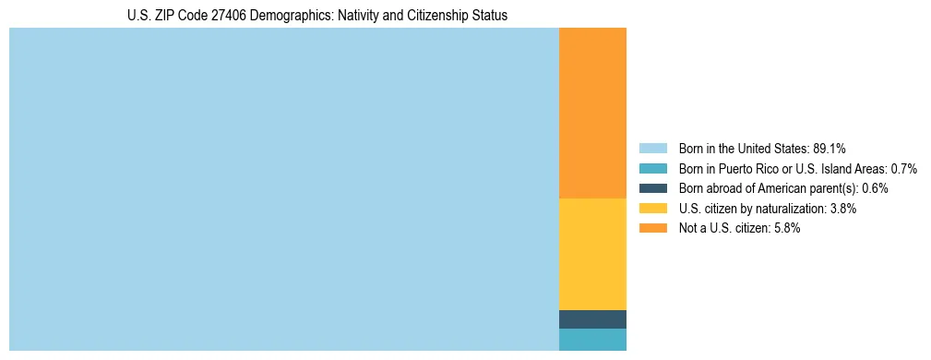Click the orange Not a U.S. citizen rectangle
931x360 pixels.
tap(592, 113)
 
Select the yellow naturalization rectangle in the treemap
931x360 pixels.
tap(592, 254)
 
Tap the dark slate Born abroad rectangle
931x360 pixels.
tap(592, 319)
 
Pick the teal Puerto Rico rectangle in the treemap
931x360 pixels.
tap(592, 340)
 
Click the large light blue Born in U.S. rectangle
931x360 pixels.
tap(283, 189)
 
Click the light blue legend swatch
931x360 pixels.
tap(652, 149)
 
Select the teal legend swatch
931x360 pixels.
tap(652, 169)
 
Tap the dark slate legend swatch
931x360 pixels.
tap(652, 188)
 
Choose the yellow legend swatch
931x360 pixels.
tap(652, 209)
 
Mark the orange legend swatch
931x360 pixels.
tap(652, 229)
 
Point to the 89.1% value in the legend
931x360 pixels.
tap(830, 149)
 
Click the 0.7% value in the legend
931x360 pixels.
tap(903, 169)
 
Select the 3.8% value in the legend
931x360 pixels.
tap(842, 209)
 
